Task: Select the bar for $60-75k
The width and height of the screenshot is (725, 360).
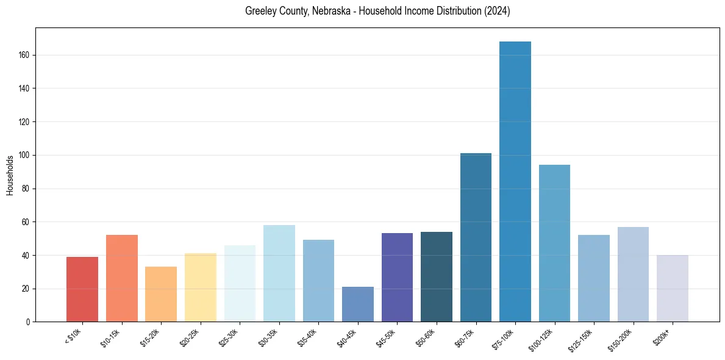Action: pyautogui.click(x=476, y=237)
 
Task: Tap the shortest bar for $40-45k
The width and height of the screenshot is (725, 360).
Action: pyautogui.click(x=358, y=304)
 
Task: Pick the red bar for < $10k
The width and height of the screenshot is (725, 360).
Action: pyautogui.click(x=82, y=289)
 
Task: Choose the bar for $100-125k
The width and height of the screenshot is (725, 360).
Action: pyautogui.click(x=554, y=243)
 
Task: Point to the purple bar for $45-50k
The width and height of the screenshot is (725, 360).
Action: pyautogui.click(x=397, y=278)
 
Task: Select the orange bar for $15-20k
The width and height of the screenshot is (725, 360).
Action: pyautogui.click(x=161, y=294)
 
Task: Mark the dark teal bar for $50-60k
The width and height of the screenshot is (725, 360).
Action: pyautogui.click(x=437, y=277)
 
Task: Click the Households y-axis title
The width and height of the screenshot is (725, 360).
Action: pyautogui.click(x=10, y=175)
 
